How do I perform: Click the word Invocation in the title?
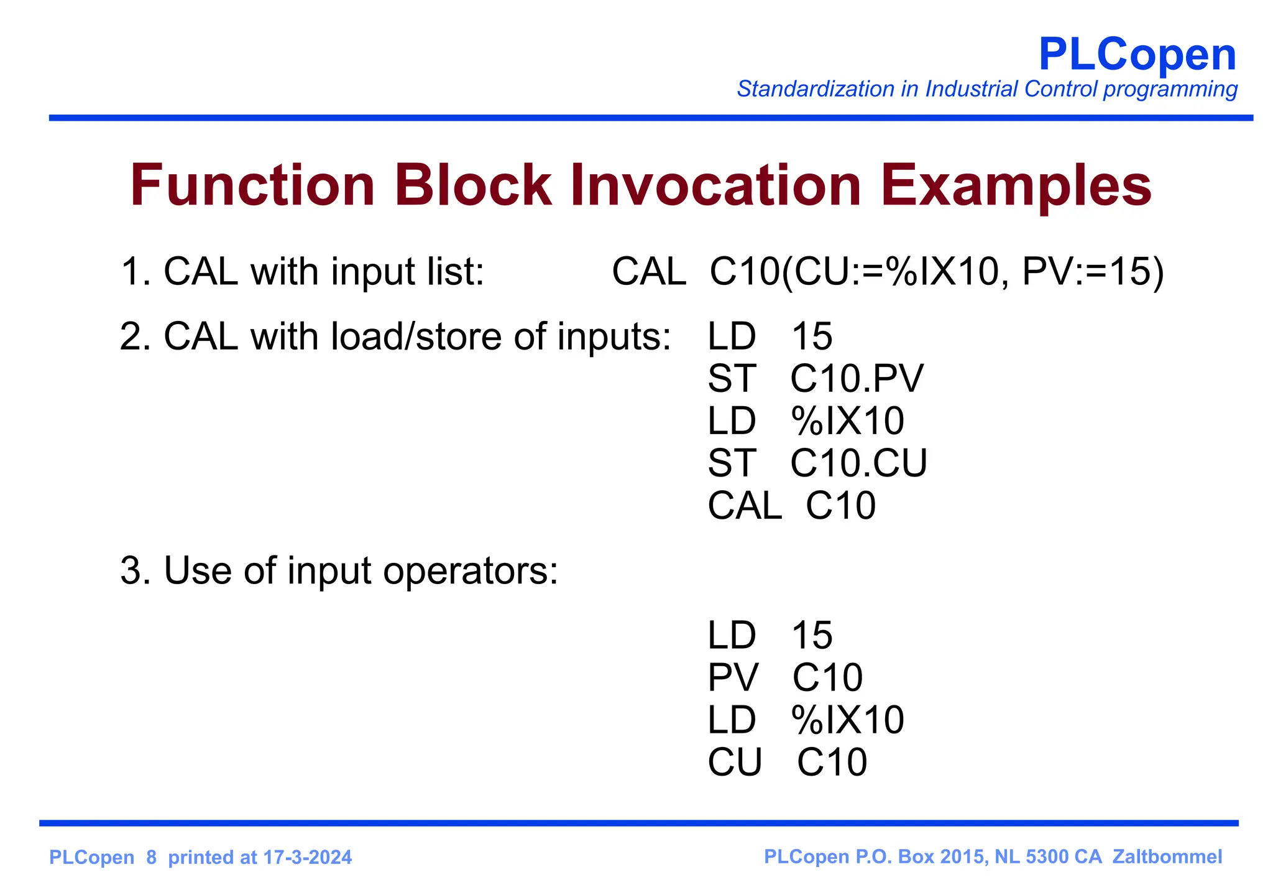(715, 185)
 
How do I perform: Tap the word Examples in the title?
(1016, 185)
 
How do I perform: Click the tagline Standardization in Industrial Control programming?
(986, 90)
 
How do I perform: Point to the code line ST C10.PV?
(816, 378)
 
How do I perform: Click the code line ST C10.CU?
(817, 463)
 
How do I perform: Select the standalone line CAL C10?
(791, 505)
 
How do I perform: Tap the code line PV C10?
(785, 677)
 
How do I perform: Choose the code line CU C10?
(787, 762)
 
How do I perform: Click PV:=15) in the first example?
(1093, 272)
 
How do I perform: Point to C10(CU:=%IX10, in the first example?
(860, 272)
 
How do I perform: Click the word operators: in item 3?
(471, 570)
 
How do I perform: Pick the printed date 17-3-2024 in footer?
(307, 858)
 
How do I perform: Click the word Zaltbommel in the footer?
(1167, 856)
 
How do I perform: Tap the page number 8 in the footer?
(151, 858)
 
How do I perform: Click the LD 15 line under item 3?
(770, 635)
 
